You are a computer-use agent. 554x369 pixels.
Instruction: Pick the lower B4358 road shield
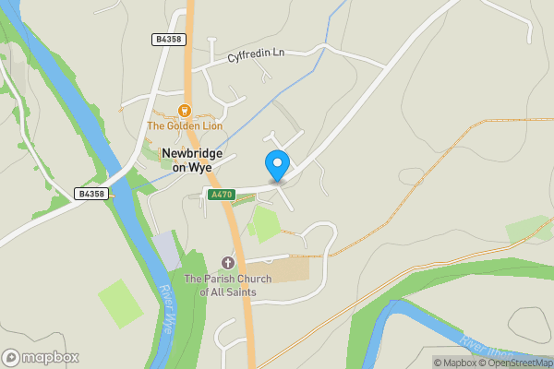(x=91, y=193)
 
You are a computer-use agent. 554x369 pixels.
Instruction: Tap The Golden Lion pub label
(x=184, y=125)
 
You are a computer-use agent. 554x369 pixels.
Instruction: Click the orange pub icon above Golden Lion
(x=184, y=111)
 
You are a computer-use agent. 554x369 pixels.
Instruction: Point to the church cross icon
(x=228, y=264)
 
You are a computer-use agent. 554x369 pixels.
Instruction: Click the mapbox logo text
(x=51, y=357)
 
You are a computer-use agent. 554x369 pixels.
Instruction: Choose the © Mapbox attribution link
(x=458, y=363)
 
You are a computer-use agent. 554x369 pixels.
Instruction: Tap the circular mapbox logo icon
(x=11, y=357)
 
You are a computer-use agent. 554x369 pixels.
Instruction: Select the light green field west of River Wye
(x=120, y=303)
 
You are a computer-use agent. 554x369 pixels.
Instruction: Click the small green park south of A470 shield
(x=264, y=224)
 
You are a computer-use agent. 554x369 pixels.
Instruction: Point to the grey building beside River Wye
(x=166, y=250)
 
